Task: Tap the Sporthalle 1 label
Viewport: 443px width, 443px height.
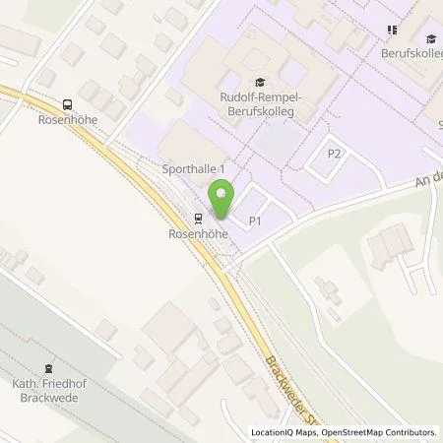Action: pos(194,169)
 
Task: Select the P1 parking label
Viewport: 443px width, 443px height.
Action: pos(254,221)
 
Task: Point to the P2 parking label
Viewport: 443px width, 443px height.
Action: pos(335,153)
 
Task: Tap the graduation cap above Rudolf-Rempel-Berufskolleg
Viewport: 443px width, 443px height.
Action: pos(259,83)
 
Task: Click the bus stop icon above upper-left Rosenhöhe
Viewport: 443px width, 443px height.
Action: pos(67,105)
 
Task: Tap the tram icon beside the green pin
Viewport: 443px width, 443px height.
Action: pos(199,218)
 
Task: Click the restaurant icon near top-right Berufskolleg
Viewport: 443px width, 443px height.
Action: pos(393,30)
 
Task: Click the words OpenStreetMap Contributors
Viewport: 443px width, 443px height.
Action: pos(385,431)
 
